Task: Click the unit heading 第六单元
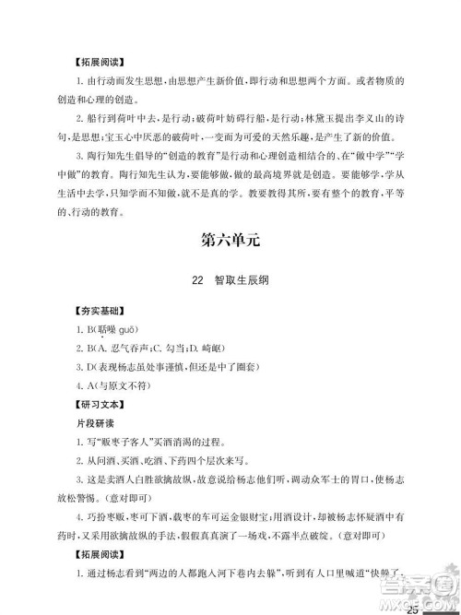pos(230,242)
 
